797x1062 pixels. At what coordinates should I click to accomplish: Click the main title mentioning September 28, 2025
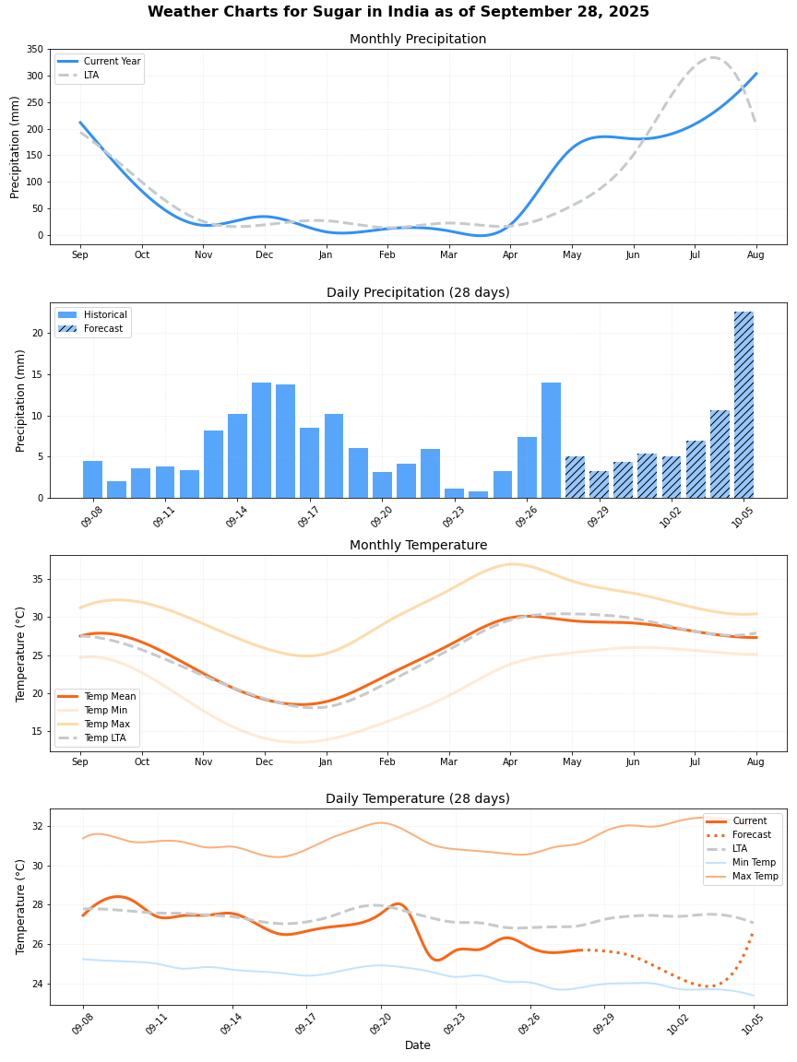tap(398, 12)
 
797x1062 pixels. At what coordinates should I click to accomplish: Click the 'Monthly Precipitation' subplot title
tap(418, 39)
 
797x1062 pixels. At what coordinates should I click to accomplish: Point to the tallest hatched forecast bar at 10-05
tap(743, 406)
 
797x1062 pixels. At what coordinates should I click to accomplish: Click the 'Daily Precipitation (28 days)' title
tap(418, 292)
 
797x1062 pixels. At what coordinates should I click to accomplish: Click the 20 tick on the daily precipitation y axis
tap(37, 334)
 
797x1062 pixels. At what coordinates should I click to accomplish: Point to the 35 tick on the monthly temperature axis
tap(37, 580)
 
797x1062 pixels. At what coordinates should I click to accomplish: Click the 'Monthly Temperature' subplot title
tap(418, 545)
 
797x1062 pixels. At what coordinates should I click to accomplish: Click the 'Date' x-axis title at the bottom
tap(418, 1045)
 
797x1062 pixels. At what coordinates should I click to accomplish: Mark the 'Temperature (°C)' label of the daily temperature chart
tap(21, 906)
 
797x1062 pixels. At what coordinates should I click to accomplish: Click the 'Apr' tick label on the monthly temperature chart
tap(510, 762)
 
